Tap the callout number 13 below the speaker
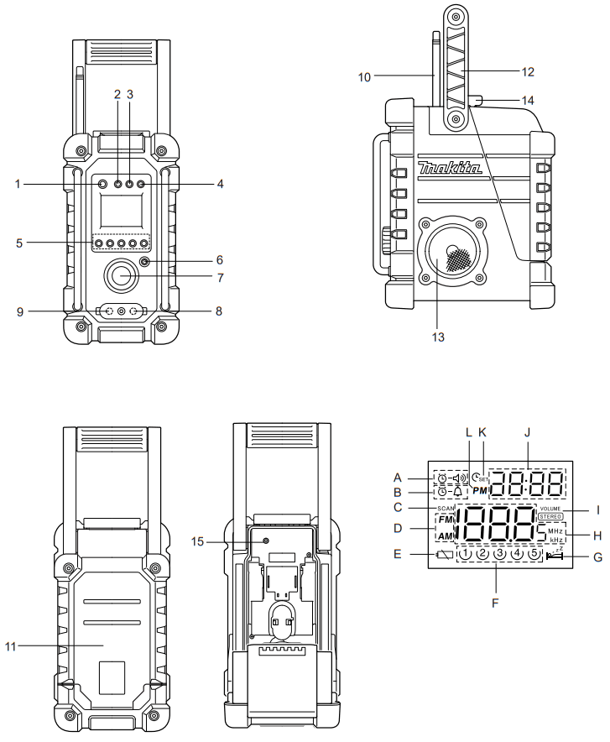coord(435,337)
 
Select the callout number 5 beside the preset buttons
coord(18,243)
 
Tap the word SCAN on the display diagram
coord(445,508)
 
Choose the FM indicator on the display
coord(446,520)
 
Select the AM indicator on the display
coord(446,537)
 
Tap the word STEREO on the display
coord(550,516)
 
